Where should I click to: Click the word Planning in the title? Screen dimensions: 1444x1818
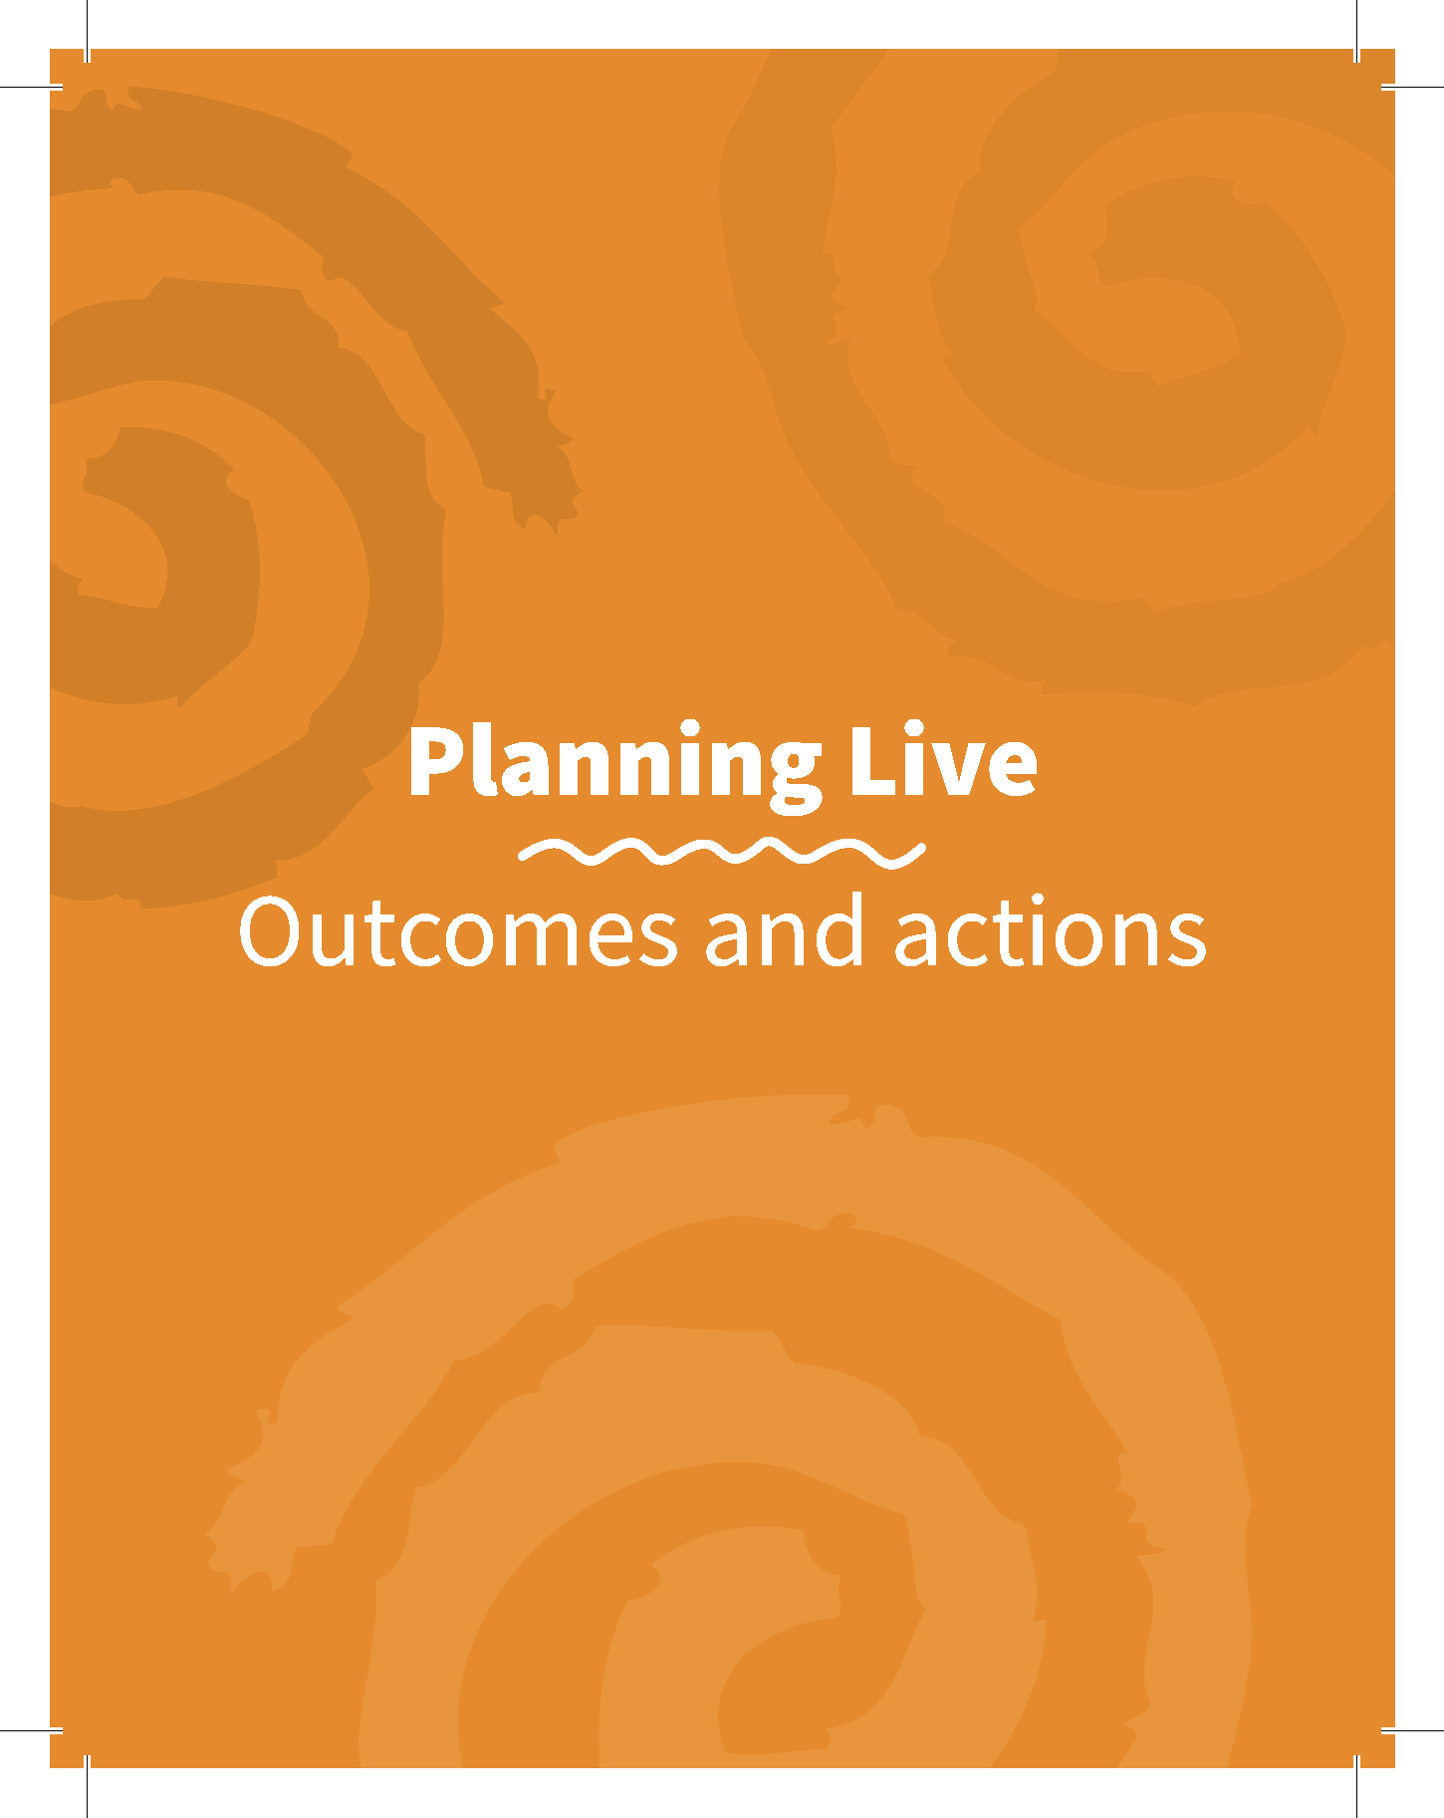coord(615,765)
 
